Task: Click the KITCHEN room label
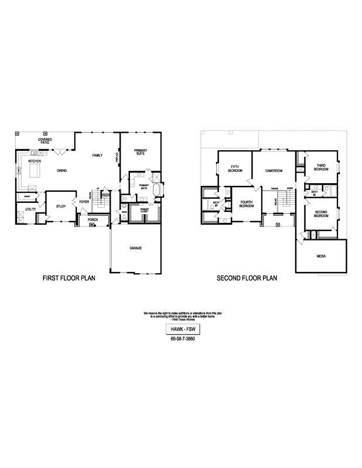[x=35, y=161]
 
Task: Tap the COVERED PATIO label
[x=45, y=141]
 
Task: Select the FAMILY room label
[x=97, y=155]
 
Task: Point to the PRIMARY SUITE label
[x=140, y=152]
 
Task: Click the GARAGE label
[x=136, y=248]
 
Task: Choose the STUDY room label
[x=61, y=206]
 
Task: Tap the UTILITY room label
[x=30, y=209]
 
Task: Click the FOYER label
[x=84, y=202]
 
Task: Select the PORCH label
[x=93, y=220]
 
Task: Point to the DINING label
[x=62, y=171]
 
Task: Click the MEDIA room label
[x=320, y=256]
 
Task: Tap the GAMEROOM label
[x=274, y=171]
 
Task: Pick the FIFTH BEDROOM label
[x=235, y=168]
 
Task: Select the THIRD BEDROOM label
[x=321, y=167]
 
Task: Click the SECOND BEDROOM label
[x=320, y=214]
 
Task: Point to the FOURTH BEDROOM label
[x=247, y=204]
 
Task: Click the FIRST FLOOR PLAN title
[x=69, y=278]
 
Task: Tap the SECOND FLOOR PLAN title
[x=247, y=278]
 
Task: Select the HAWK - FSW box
[x=182, y=329]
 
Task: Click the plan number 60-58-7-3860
[x=182, y=339]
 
